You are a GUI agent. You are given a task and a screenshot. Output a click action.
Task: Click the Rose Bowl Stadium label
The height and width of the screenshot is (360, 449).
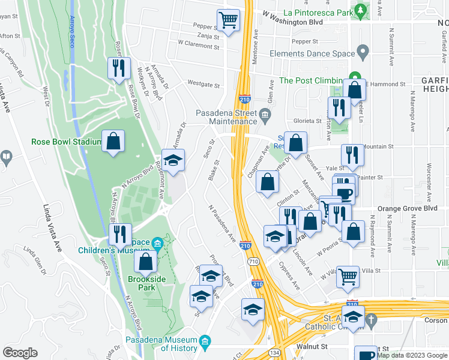point(65,142)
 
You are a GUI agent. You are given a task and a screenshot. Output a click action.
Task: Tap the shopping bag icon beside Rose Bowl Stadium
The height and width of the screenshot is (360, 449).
point(113,142)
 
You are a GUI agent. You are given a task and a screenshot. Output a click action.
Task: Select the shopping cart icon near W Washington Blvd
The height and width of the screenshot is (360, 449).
point(228,20)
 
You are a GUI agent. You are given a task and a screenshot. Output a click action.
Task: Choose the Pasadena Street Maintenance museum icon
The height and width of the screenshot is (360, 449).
point(265,113)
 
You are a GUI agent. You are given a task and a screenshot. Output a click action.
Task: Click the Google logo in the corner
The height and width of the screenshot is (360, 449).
point(20,353)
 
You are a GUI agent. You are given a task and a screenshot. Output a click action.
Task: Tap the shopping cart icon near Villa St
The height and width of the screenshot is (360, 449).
point(348,277)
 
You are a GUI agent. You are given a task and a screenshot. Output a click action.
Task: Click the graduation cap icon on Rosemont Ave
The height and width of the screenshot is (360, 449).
point(173,161)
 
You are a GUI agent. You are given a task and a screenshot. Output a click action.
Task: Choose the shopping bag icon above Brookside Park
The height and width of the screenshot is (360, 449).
point(145,262)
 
